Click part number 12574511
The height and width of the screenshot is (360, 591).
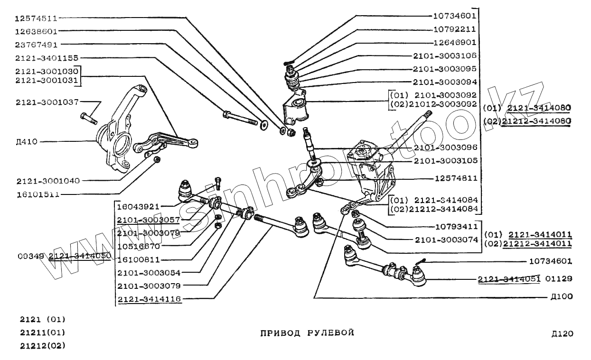tap(36, 19)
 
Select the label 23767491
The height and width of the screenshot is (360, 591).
tap(36, 45)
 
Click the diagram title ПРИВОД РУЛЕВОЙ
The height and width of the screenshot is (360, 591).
tap(307, 332)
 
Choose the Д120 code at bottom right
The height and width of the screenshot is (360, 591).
tap(562, 333)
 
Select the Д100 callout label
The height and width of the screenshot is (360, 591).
tap(562, 297)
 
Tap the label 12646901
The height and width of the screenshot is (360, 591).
tap(454, 42)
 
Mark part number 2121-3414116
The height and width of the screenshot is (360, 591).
tap(149, 299)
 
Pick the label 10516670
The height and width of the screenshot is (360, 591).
tap(139, 247)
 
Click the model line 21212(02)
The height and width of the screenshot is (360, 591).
tap(42, 345)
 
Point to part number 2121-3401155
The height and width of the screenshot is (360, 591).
tap(47, 58)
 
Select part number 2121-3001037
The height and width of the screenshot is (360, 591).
tap(47, 102)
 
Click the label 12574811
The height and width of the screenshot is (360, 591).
tap(456, 179)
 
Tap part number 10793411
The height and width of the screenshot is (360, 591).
tap(456, 226)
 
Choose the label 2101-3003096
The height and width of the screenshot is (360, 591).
tap(445, 148)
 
